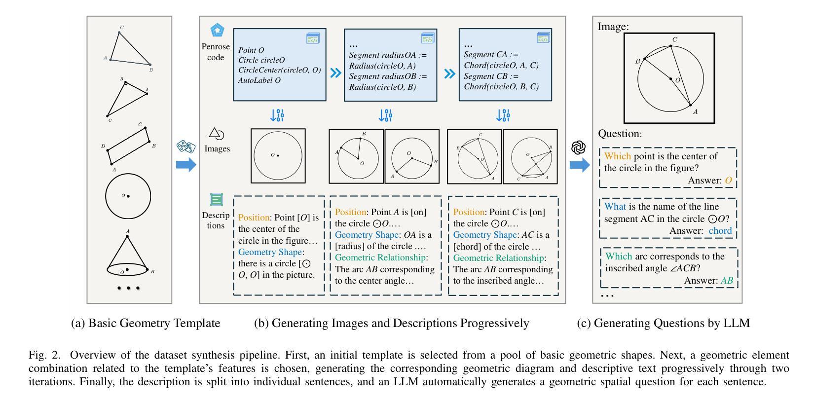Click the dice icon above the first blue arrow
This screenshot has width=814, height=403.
point(185,147)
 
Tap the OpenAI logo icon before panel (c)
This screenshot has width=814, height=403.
point(579,147)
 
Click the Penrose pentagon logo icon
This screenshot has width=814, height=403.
point(217,31)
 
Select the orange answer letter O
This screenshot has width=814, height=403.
point(728,181)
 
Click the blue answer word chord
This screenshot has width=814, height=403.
point(720,231)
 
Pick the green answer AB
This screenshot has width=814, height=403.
point(727,281)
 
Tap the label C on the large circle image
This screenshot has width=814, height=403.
point(675,39)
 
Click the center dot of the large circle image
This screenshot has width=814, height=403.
point(670,78)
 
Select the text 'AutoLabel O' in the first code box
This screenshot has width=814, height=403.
point(259,80)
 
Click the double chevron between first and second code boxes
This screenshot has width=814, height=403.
point(335,73)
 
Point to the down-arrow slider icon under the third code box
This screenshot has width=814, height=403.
point(503,115)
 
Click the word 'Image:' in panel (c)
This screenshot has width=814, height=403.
point(613,27)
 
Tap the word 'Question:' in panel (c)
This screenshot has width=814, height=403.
point(620,134)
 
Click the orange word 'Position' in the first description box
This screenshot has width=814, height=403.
point(254,218)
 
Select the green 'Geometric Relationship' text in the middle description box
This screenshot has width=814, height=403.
point(380,257)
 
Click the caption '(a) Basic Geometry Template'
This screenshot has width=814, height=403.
point(146,323)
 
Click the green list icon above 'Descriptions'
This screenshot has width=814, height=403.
point(217,199)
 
